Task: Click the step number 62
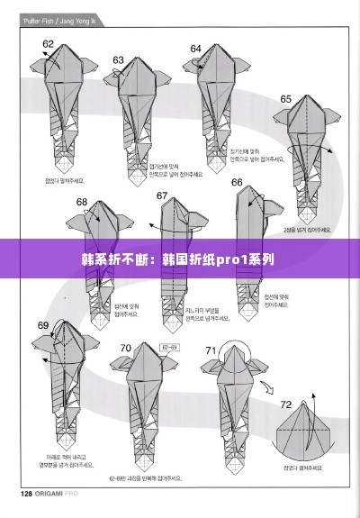[x=49, y=42]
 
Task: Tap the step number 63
[x=118, y=59]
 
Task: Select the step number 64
[x=196, y=48]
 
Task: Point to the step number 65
[x=286, y=99]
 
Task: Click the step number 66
[x=238, y=183]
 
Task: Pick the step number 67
[x=162, y=195]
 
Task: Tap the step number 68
[x=82, y=202]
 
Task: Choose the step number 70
[x=125, y=348]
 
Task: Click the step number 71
[x=211, y=350]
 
